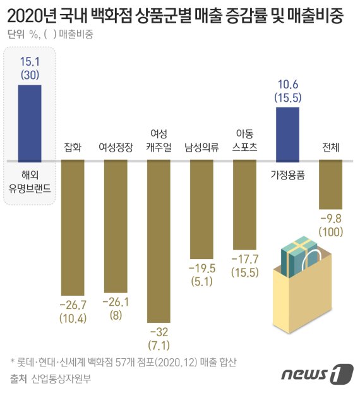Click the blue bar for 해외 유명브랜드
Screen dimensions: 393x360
coord(30,122)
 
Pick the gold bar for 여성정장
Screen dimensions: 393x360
coord(116,225)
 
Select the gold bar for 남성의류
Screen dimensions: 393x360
coord(203,209)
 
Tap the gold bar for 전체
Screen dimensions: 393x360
coord(330,184)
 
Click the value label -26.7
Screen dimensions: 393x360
coord(73,304)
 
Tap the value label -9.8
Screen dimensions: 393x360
coord(330,219)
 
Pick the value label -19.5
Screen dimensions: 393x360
coord(203,269)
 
